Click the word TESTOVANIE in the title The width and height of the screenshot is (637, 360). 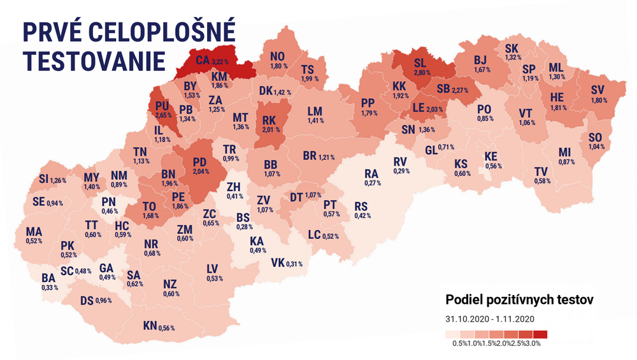(94, 60)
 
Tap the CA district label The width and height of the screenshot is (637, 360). (203, 61)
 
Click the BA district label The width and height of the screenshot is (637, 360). (48, 278)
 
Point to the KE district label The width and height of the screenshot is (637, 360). (490, 156)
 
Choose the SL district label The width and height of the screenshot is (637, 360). (420, 64)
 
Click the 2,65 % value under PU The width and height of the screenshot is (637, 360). (162, 115)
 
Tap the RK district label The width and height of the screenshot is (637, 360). (269, 119)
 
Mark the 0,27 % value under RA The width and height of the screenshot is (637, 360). (371, 183)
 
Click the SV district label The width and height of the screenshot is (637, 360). (598, 89)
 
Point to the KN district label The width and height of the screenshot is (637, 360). (150, 326)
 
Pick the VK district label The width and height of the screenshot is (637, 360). (278, 263)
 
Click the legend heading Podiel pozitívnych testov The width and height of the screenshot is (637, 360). (519, 299)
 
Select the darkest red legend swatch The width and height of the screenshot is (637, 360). (540, 334)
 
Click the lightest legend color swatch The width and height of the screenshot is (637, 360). (452, 334)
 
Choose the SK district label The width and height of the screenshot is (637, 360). (512, 48)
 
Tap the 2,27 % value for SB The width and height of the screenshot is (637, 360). (459, 90)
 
